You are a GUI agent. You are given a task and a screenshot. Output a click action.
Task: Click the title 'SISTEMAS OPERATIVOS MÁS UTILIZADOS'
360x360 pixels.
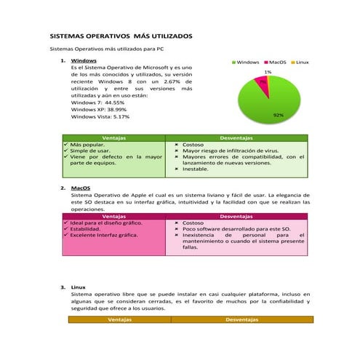[121, 35]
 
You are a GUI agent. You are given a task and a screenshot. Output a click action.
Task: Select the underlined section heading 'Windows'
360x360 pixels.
[84, 60]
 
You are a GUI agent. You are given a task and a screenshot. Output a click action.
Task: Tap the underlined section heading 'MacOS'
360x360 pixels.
[81, 188]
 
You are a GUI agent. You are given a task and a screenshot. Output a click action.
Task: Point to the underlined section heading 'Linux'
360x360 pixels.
[79, 287]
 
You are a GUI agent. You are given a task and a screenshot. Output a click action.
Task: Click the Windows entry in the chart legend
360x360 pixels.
[247, 63]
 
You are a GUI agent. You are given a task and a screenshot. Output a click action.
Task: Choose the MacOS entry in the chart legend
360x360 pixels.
[277, 63]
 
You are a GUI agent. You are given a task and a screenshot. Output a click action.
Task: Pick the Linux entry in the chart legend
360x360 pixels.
[302, 63]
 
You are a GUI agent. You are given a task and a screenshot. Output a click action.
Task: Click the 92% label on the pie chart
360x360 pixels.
[278, 115]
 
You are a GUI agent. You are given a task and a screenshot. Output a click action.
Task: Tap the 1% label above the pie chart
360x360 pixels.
[268, 72]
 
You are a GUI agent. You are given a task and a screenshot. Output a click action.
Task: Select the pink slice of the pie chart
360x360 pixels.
[263, 84]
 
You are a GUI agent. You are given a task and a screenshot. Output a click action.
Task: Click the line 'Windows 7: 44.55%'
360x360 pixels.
[99, 103]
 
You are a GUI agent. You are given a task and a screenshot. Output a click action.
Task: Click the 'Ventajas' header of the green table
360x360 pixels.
[114, 137]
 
